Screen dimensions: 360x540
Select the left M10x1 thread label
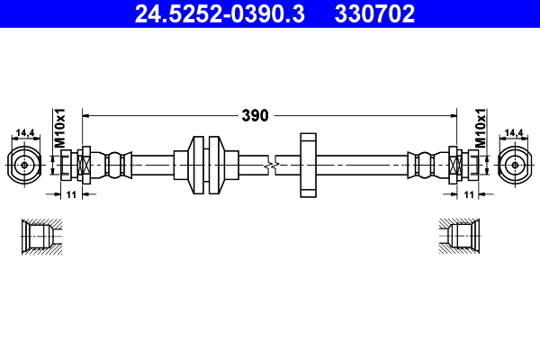click(61, 130)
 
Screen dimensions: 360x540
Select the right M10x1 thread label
click(480, 130)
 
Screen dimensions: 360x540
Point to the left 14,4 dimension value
click(23, 134)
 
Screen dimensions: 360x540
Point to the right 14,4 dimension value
click(514, 134)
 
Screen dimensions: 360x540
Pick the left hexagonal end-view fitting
click(24, 165)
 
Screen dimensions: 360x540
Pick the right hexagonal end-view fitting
click(514, 165)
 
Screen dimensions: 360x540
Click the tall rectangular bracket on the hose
click(308, 166)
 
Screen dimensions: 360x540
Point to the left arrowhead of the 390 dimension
click(87, 115)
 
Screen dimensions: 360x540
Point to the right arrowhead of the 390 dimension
click(451, 115)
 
